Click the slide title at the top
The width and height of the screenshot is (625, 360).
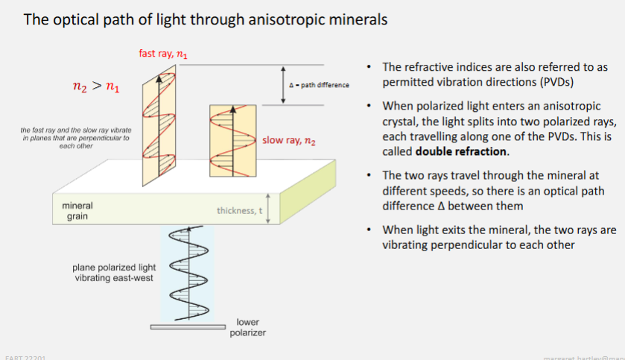(206, 19)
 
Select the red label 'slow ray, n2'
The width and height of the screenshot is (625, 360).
(290, 140)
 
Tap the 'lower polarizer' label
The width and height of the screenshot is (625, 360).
(247, 327)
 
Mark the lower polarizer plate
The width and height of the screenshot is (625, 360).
(188, 326)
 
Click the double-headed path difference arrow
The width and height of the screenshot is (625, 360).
(283, 84)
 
